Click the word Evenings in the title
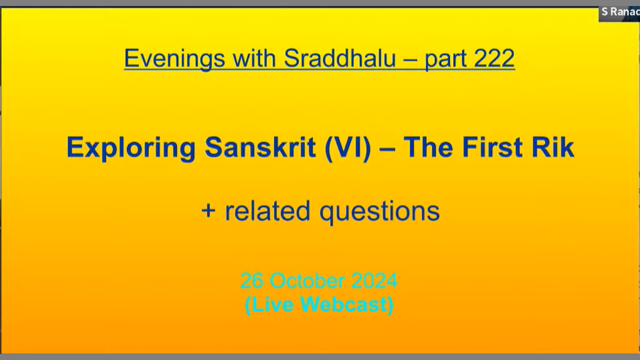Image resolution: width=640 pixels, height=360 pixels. coord(174,58)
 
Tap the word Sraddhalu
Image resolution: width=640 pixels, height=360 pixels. coord(339,58)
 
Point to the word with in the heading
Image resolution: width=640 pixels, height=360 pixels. coord(254,58)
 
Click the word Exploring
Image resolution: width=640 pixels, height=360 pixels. coord(131,147)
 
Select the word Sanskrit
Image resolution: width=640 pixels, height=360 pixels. coord(260,147)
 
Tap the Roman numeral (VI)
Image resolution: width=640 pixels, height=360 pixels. coord(347,148)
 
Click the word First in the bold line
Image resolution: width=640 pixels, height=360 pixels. coord(492,147)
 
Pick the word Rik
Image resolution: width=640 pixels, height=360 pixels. coord(553,147)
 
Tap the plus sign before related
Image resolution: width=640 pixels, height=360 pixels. coord(208,211)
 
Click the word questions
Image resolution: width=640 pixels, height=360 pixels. coord(379,212)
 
